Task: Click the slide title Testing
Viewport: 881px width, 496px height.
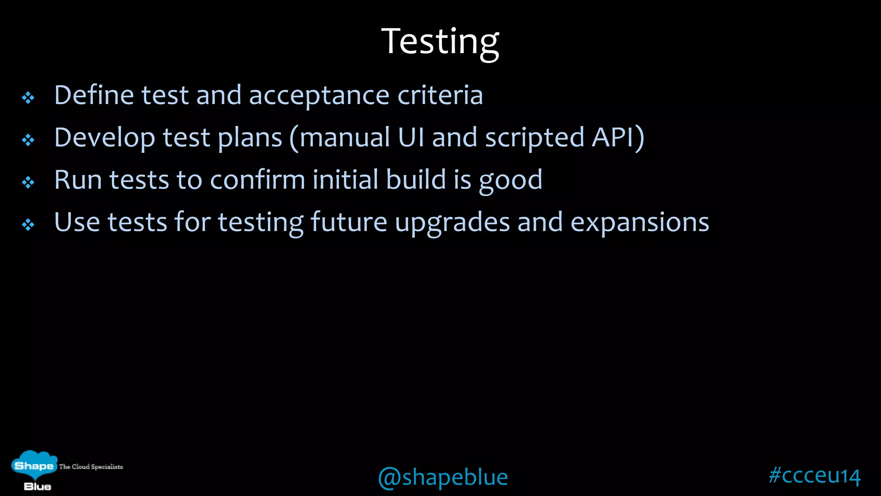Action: coord(440,42)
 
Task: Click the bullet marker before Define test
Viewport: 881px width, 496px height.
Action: coord(28,98)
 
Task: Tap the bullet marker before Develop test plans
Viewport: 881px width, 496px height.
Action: coord(28,140)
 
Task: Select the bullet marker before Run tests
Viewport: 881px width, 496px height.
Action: coord(28,183)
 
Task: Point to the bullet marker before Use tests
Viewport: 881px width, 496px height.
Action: coord(28,224)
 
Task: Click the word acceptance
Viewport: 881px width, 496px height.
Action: coord(319,96)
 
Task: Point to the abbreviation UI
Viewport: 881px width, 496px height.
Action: coord(411,138)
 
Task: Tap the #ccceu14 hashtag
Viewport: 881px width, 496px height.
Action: coord(814,475)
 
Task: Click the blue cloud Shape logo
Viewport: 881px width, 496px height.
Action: coord(34,465)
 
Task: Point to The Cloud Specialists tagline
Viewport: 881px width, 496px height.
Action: coord(91,467)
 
